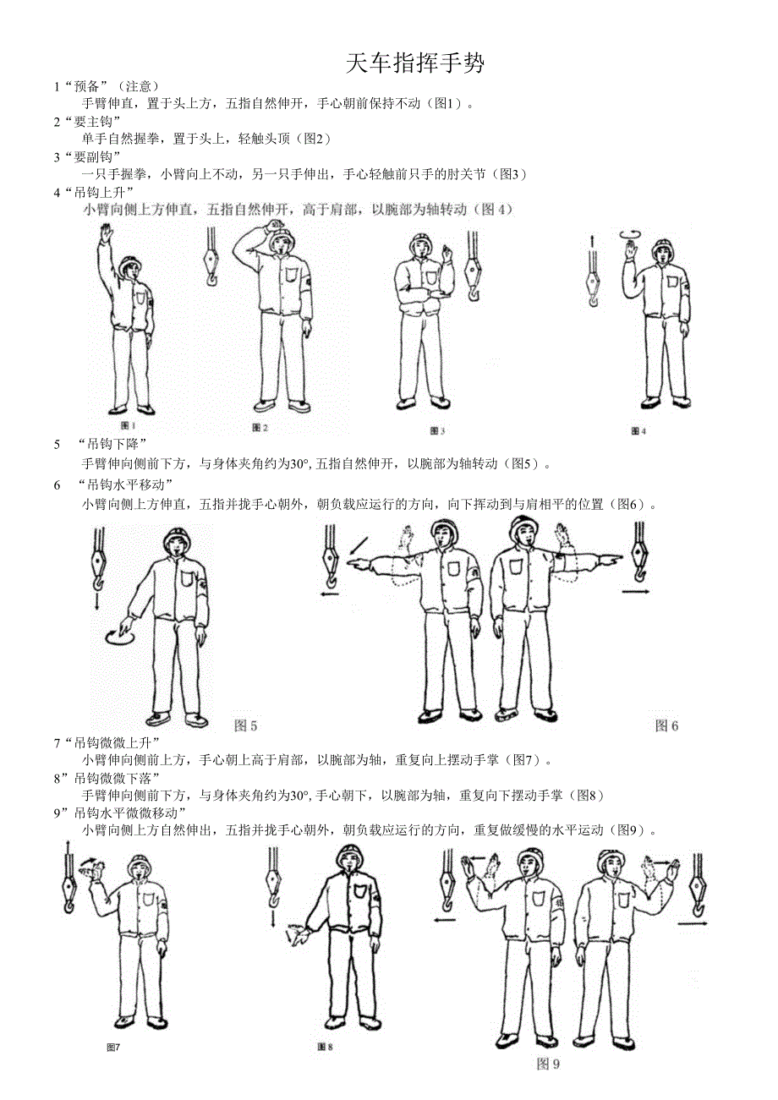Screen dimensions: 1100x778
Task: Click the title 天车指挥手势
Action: [415, 63]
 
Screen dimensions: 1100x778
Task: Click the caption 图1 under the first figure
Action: [129, 425]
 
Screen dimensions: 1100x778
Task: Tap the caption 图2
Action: [260, 428]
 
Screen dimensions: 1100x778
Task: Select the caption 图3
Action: [437, 431]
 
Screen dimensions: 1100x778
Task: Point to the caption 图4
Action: [638, 431]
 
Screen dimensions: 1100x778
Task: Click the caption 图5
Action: [245, 725]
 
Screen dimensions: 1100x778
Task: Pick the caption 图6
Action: [667, 725]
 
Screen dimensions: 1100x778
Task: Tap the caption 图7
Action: [113, 1048]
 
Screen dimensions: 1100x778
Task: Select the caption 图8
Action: [325, 1047]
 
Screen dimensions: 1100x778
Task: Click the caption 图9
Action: [549, 1064]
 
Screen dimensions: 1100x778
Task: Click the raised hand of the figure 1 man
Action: [105, 231]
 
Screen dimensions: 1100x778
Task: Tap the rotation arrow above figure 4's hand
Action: [630, 234]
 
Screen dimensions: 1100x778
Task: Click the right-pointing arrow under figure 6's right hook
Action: [636, 593]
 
